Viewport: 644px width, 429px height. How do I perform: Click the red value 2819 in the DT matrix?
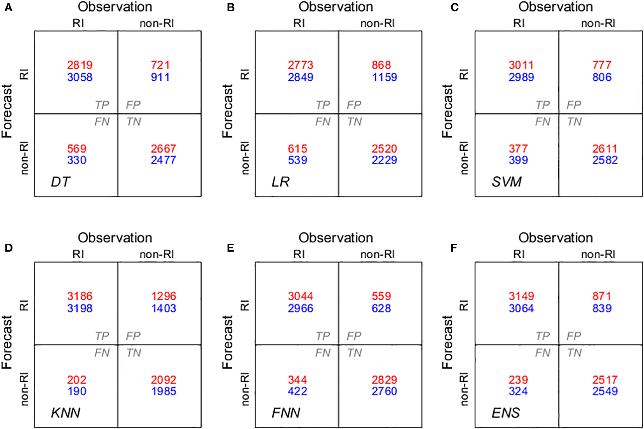(80, 65)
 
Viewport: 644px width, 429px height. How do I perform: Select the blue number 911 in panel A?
(160, 77)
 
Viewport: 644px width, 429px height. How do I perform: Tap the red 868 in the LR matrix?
(381, 65)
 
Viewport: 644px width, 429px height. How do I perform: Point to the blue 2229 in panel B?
(384, 160)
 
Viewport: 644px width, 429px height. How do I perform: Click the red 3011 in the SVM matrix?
(521, 65)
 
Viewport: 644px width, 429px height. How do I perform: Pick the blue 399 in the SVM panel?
(518, 160)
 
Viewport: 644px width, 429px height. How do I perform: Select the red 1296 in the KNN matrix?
(164, 296)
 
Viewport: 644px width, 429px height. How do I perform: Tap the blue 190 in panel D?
(77, 391)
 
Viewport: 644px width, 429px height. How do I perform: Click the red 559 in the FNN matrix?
(381, 296)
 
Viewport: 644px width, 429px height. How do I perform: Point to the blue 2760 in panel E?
(384, 391)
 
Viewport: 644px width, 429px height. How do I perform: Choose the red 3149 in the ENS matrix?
(521, 296)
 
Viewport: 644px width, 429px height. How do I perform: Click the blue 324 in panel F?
(518, 391)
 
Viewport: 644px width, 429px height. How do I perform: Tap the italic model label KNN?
(65, 413)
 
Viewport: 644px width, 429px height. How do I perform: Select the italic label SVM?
(507, 182)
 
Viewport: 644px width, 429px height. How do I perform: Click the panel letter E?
(231, 248)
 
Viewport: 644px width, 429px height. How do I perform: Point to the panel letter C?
(454, 7)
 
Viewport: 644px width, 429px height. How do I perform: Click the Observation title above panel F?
(556, 237)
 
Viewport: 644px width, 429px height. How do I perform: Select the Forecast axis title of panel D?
(7, 342)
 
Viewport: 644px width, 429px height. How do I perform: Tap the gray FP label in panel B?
(354, 105)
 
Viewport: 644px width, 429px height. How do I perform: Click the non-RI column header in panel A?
(157, 23)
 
